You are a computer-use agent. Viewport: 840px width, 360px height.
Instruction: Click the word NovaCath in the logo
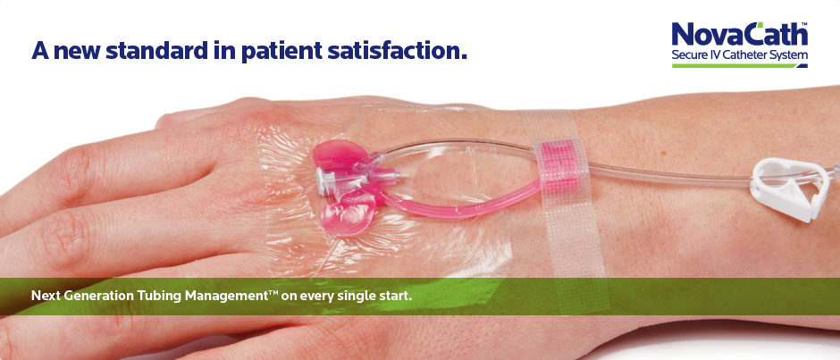tap(740, 35)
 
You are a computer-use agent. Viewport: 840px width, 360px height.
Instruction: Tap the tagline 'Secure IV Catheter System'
tap(740, 55)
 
